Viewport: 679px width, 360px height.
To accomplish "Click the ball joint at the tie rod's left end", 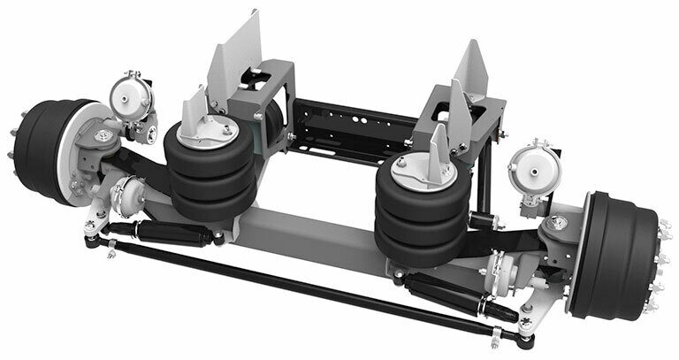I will point(91,238).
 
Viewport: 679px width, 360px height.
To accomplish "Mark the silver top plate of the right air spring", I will point(414,167).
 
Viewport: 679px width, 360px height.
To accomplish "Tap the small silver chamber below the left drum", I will point(131,190).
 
